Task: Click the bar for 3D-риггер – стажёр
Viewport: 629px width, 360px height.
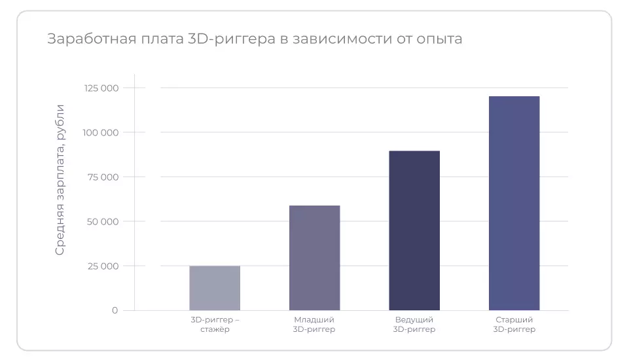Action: pos(215,288)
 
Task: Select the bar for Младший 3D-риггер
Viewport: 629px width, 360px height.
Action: pos(314,258)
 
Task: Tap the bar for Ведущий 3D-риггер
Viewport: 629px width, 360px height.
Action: pos(414,230)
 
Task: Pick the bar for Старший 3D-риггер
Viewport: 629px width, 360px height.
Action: pos(514,203)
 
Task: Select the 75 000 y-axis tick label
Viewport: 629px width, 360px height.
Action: pos(103,177)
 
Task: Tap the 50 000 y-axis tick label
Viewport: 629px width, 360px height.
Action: pos(103,222)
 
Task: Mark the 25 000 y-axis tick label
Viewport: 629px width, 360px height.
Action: pos(103,266)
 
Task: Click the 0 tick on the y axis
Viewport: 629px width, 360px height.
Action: pos(115,310)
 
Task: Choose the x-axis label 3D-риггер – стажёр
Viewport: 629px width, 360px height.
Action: pos(215,325)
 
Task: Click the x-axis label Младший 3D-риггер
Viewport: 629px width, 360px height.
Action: pos(314,325)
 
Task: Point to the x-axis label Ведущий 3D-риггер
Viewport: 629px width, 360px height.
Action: pos(414,325)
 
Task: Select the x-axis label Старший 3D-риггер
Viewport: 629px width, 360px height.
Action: pos(514,325)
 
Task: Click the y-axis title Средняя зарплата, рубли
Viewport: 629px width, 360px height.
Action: pos(60,179)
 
